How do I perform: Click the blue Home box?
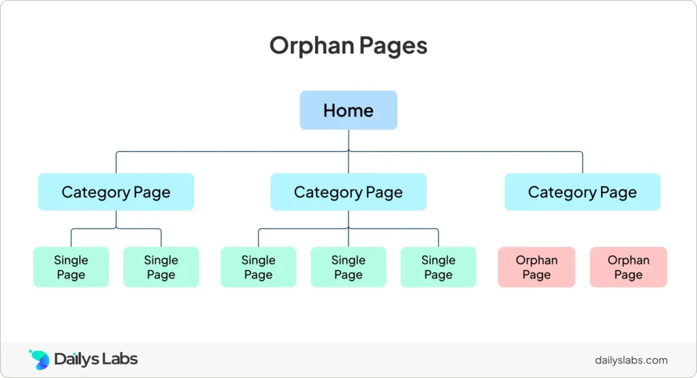pyautogui.click(x=348, y=110)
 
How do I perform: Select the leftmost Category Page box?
pyautogui.click(x=116, y=192)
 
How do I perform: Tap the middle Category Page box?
pyautogui.click(x=348, y=192)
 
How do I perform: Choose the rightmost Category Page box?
pyautogui.click(x=583, y=192)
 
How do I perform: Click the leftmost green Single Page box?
pyautogui.click(x=71, y=267)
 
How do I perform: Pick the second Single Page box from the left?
pyautogui.click(x=161, y=267)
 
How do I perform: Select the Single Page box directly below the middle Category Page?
pyautogui.click(x=348, y=267)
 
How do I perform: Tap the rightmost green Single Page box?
pyautogui.click(x=438, y=267)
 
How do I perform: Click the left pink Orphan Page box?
pyautogui.click(x=536, y=267)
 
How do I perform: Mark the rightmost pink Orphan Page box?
pyautogui.click(x=628, y=267)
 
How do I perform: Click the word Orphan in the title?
pyautogui.click(x=312, y=46)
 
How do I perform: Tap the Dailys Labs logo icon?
pyautogui.click(x=39, y=360)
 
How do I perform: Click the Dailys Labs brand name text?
pyautogui.click(x=95, y=359)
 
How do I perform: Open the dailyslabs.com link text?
pyautogui.click(x=631, y=360)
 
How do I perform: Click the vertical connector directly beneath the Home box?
pyautogui.click(x=348, y=140)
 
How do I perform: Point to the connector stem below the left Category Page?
pyautogui.click(x=116, y=220)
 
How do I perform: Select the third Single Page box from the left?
pyautogui.click(x=258, y=267)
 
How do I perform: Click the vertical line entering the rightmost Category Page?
pyautogui.click(x=583, y=162)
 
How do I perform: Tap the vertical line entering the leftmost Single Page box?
pyautogui.click(x=71, y=238)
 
